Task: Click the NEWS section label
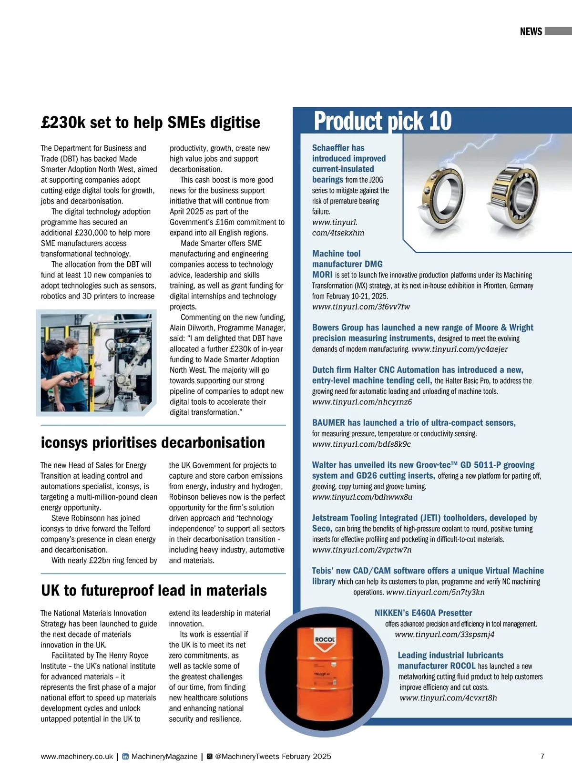pos(531,31)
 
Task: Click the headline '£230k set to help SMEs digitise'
pos(151,123)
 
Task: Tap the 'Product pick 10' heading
pos(382,121)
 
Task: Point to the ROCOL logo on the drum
pos(325,640)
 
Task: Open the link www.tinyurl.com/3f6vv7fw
pos(361,307)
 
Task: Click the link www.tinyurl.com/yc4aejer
pos(460,349)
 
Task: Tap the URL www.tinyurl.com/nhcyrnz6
pos(362,402)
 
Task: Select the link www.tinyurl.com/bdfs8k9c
pos(361,444)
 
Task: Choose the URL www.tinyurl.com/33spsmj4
pos(444,635)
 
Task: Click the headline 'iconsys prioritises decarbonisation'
pos(153,442)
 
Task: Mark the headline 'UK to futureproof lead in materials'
pos(154,591)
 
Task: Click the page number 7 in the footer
pos(542,756)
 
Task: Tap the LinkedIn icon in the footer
pos(125,757)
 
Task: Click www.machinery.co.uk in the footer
pos(77,757)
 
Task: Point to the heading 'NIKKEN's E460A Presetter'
pos(423,613)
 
